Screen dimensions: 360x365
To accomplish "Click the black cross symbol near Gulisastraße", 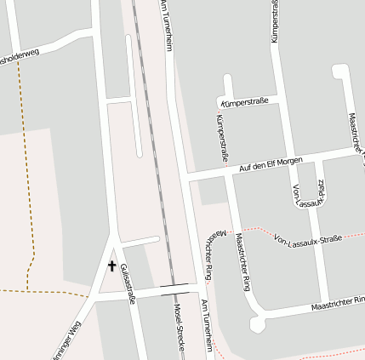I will tap(111, 266).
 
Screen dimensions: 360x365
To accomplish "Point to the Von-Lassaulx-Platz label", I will tap(307, 195).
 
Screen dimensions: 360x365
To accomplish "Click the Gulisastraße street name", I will tap(128, 283).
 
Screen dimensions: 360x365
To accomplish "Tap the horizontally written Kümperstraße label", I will tap(244, 101).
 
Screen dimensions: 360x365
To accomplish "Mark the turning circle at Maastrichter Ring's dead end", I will tap(257, 324).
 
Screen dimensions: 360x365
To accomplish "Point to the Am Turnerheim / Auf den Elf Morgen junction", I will tap(185, 177).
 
